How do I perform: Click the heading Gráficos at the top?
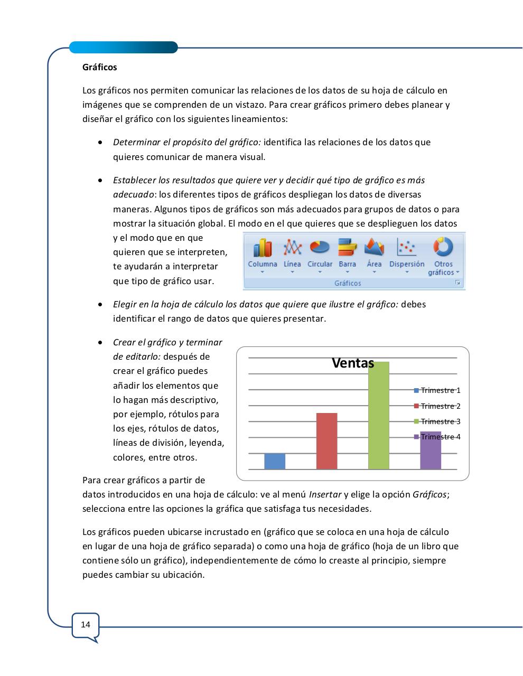[100, 67]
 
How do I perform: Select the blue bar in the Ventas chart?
[275, 461]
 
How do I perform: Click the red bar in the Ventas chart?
[326, 441]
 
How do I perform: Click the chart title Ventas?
[353, 363]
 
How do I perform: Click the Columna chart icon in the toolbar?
[263, 248]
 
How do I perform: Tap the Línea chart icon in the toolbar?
[292, 247]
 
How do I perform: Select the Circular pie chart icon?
[320, 247]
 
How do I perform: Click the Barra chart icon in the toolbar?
[347, 247]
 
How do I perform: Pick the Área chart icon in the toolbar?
[374, 247]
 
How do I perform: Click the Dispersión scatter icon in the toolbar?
[407, 247]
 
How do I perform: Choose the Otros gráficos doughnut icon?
[443, 247]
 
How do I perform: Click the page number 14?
[86, 625]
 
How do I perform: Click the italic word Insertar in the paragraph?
[325, 495]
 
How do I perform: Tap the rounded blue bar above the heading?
[124, 48]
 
